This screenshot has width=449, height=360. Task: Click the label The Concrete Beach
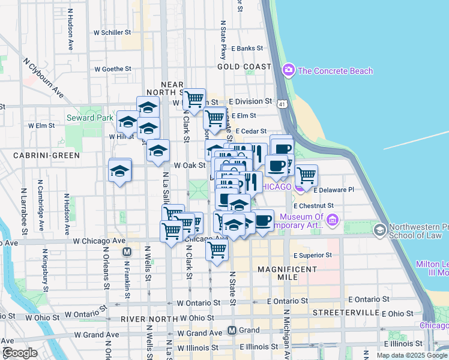tap(335, 71)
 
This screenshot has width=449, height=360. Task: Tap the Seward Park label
tap(89, 118)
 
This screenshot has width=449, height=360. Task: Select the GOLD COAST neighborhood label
tap(244, 67)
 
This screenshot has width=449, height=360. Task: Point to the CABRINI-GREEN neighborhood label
tap(47, 155)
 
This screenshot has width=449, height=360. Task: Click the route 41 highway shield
tap(283, 104)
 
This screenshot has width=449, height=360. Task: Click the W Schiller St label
tap(113, 32)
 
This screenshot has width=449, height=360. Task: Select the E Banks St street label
tap(247, 48)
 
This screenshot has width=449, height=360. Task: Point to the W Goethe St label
tap(112, 69)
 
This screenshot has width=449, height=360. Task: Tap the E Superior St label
tap(312, 255)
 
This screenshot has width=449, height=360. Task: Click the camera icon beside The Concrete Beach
tap(289, 71)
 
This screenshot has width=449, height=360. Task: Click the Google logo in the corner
tap(19, 353)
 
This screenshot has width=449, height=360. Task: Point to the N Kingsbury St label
tap(45, 271)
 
